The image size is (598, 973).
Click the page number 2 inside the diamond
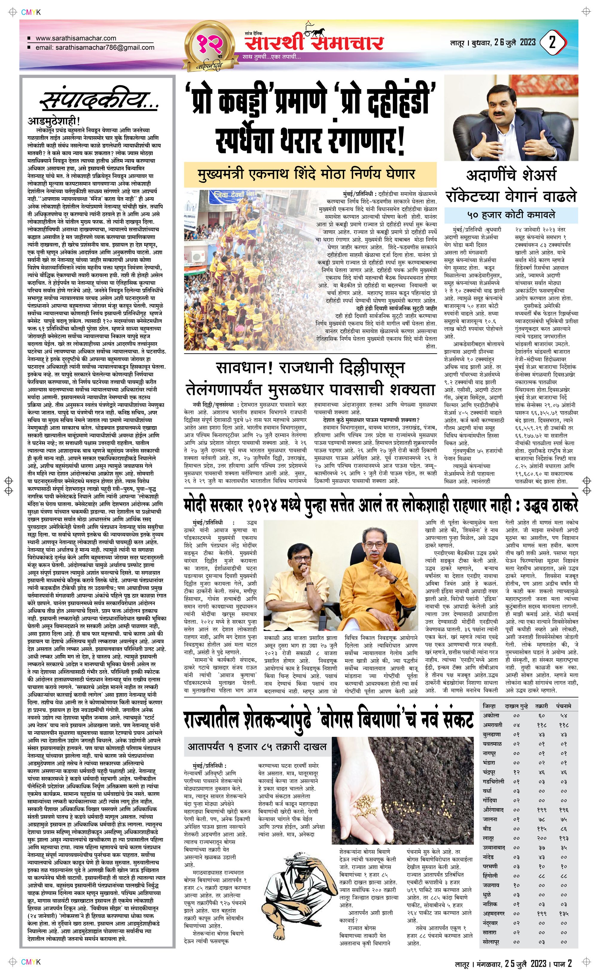pos(553,43)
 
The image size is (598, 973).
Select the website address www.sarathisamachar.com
pos(76,38)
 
